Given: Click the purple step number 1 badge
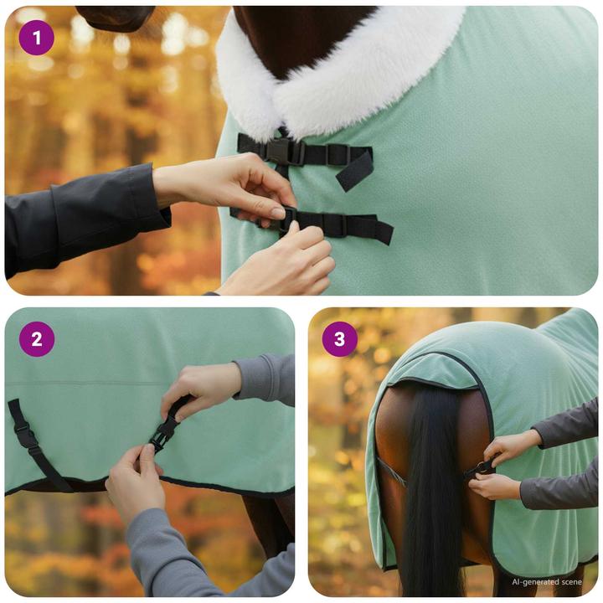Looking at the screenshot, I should (36, 38).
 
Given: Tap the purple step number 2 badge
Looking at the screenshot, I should (36, 339).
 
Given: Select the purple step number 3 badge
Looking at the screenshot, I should (339, 339).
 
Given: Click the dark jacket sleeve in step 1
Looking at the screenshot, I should (75, 218).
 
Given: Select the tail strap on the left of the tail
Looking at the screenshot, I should (391, 473).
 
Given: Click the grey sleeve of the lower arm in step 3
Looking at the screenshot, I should (557, 490).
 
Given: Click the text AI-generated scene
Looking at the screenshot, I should (547, 581).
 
